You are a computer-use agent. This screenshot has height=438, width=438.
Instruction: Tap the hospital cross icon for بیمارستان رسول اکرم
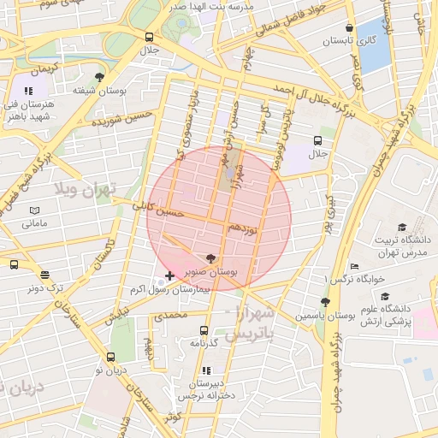click(169, 275)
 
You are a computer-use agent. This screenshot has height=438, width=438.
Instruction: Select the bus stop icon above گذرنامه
click(204, 330)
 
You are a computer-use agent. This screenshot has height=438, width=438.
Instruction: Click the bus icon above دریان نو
click(110, 357)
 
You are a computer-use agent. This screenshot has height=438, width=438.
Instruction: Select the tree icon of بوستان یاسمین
click(324, 301)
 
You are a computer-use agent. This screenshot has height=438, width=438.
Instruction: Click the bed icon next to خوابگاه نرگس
click(355, 266)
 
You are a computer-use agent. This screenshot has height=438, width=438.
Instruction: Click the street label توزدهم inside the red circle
click(243, 228)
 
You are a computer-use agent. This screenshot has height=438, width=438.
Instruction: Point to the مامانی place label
click(34, 223)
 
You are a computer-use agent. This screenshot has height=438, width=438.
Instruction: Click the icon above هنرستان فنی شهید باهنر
click(28, 90)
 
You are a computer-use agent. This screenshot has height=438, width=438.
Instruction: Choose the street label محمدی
click(169, 316)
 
